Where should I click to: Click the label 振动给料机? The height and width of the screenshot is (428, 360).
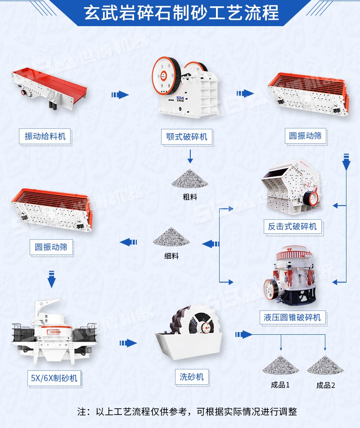[x=45, y=136]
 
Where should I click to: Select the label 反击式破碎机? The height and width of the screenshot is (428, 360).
[x=292, y=226]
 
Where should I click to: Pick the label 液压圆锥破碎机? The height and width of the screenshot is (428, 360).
[x=292, y=317]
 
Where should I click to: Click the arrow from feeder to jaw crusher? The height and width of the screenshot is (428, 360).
[x=120, y=95]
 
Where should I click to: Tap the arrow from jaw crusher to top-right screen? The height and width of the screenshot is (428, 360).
[x=245, y=94]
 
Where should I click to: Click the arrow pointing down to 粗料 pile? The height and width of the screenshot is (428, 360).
[x=190, y=156]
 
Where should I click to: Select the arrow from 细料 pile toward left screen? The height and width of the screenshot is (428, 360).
[x=128, y=242]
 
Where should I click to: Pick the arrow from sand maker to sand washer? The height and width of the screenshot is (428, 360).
[x=128, y=343]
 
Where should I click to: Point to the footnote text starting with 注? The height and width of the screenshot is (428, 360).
[x=187, y=411]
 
